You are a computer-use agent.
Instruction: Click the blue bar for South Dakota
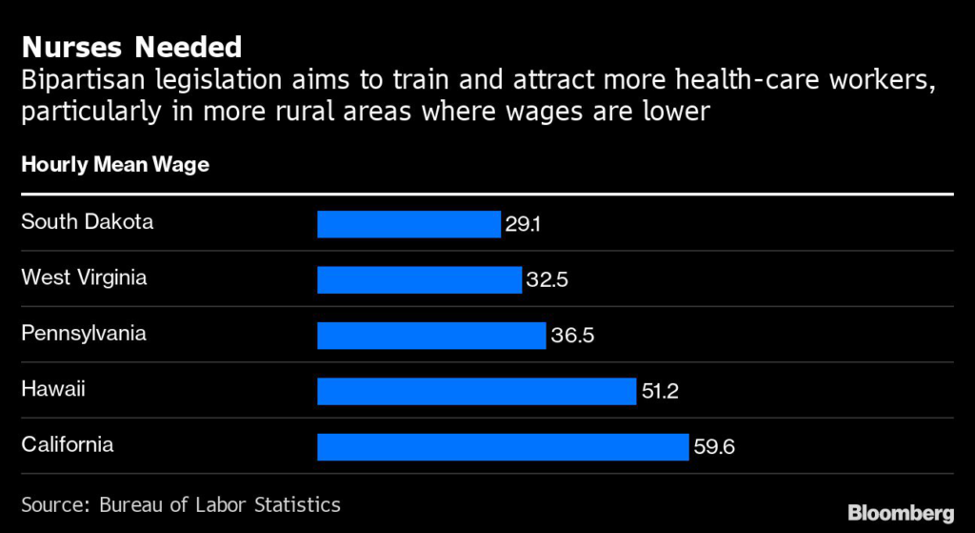pos(408,224)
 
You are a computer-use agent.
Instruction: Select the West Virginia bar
pos(420,279)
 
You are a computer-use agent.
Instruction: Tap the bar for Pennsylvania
pos(431,336)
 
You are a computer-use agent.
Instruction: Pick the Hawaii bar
pos(476,391)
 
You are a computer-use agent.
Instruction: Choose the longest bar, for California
pos(503,446)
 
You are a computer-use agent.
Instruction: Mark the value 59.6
pos(714,446)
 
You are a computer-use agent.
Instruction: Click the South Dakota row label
pos(87,222)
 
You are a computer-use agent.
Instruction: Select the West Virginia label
pos(84,277)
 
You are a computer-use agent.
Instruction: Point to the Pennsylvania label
pos(83,334)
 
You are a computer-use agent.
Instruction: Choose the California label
pos(67,444)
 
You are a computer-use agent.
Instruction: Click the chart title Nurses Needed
pos(131,47)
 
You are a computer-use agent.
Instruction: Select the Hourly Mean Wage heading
pos(115,165)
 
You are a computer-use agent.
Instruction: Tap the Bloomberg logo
pos(901,511)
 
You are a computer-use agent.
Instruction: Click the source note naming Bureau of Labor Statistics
pos(180,504)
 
